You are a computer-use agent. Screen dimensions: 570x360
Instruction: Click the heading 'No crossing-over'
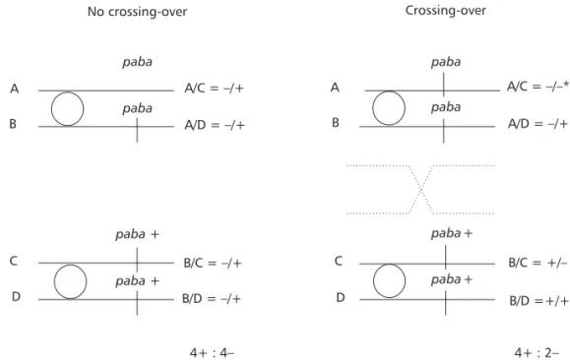[138, 12]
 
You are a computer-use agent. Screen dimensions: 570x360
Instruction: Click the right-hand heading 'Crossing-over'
[446, 11]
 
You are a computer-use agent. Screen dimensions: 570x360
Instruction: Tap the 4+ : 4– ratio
[213, 352]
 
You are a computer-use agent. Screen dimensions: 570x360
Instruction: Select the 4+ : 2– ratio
[537, 352]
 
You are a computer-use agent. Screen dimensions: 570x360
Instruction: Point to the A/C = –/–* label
[538, 87]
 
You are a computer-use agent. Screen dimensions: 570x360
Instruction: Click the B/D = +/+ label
[538, 301]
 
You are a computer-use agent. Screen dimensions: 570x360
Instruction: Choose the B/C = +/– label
[538, 263]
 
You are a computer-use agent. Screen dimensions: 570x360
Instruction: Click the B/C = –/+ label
[213, 263]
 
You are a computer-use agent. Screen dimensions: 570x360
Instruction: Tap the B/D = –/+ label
[212, 299]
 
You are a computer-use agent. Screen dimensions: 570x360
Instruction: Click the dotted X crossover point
[421, 189]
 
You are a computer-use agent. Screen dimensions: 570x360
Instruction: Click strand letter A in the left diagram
[14, 89]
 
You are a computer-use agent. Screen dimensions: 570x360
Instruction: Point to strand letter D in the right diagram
[341, 297]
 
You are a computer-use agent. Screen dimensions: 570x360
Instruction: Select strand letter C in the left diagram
[14, 261]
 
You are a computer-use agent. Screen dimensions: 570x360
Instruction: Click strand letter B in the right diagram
[336, 123]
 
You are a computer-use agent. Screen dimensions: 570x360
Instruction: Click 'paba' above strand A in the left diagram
[138, 62]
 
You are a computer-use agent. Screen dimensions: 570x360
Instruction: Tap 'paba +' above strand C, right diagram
[452, 233]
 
